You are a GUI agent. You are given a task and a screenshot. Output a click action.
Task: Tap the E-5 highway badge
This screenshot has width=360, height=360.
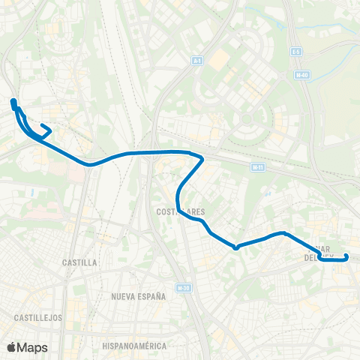tap(296, 51)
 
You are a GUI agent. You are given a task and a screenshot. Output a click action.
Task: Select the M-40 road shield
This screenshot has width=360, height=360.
tap(301, 75)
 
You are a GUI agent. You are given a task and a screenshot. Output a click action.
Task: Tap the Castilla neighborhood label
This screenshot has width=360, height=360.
tap(80, 262)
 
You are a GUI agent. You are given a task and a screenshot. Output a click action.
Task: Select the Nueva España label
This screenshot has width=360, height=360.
tap(139, 296)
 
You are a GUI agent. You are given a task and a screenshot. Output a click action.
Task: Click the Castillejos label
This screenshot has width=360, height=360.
tap(37, 317)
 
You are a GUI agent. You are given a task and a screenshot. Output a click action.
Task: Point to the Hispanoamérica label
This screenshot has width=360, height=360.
tap(135, 346)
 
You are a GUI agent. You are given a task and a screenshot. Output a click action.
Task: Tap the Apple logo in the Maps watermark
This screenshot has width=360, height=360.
tap(12, 347)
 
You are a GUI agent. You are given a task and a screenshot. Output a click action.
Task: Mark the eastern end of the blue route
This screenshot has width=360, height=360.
tap(346, 257)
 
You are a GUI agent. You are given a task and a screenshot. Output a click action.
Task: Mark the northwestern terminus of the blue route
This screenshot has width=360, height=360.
tap(13, 100)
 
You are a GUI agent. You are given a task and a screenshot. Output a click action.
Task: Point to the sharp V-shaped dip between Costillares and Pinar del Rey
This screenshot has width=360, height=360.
tap(235, 247)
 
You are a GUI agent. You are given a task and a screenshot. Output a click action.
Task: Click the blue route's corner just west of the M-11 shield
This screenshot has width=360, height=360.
tap(202, 158)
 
